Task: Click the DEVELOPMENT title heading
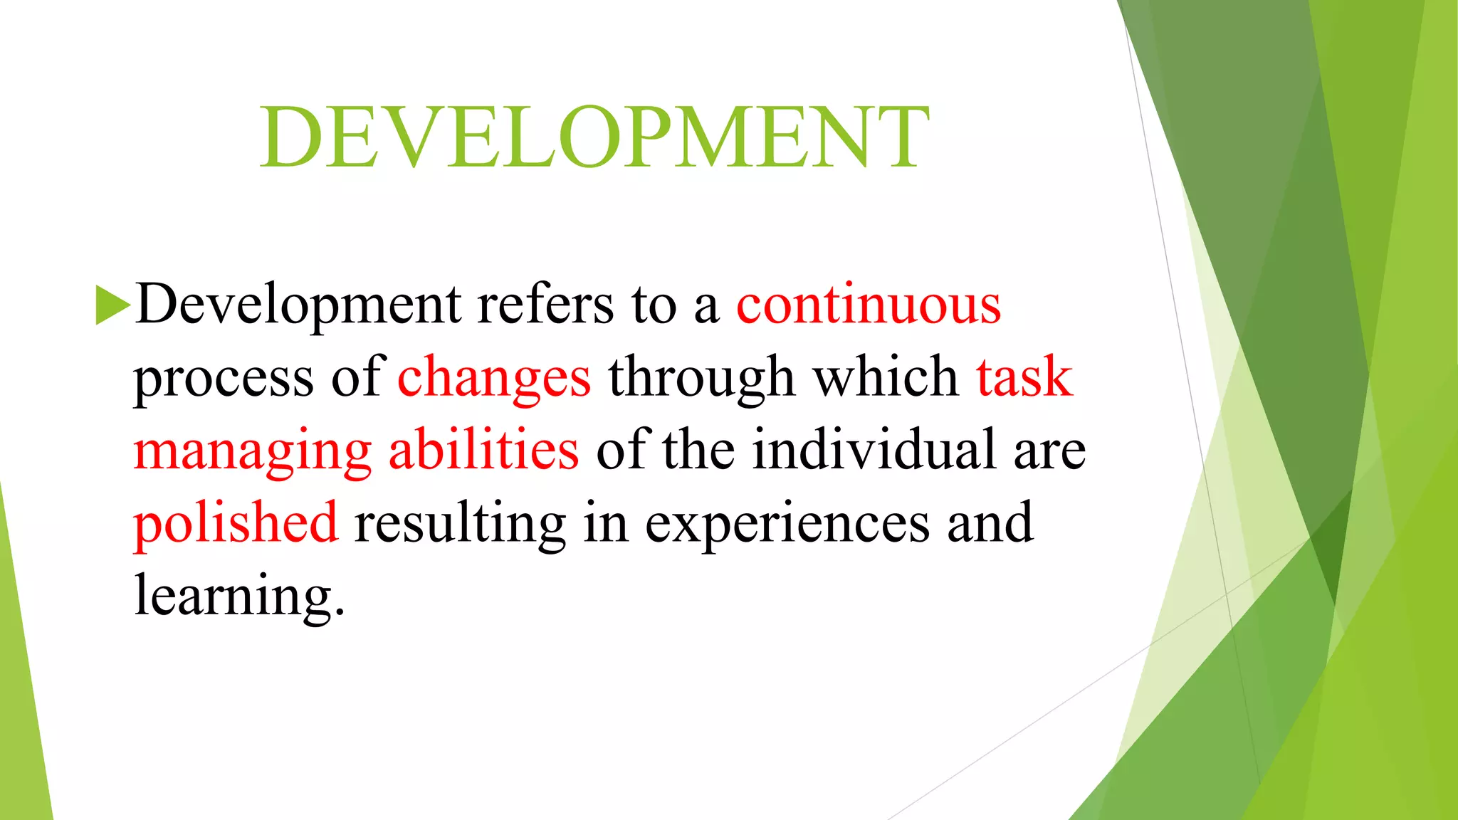click(x=594, y=137)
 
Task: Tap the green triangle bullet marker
click(x=112, y=305)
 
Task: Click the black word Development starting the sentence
click(x=298, y=305)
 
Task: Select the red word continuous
click(x=869, y=305)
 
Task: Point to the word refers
click(x=545, y=305)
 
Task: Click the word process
click(x=224, y=379)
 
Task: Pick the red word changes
click(x=494, y=379)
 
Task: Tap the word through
click(x=701, y=379)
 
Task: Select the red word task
click(x=1024, y=377)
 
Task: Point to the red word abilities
click(x=483, y=450)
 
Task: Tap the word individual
click(x=874, y=450)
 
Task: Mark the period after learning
click(x=340, y=612)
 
